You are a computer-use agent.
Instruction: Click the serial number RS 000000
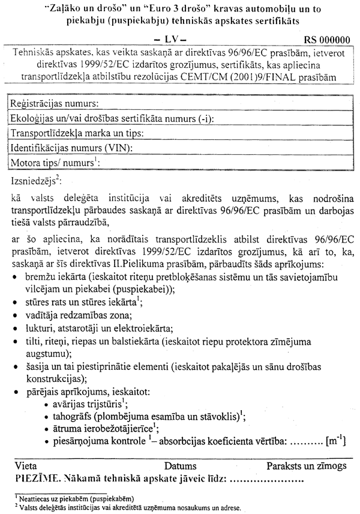[327, 40]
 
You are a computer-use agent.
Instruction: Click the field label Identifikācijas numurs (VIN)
[72, 148]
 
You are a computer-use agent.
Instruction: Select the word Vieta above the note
[26, 466]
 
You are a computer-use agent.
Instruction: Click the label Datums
[180, 466]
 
